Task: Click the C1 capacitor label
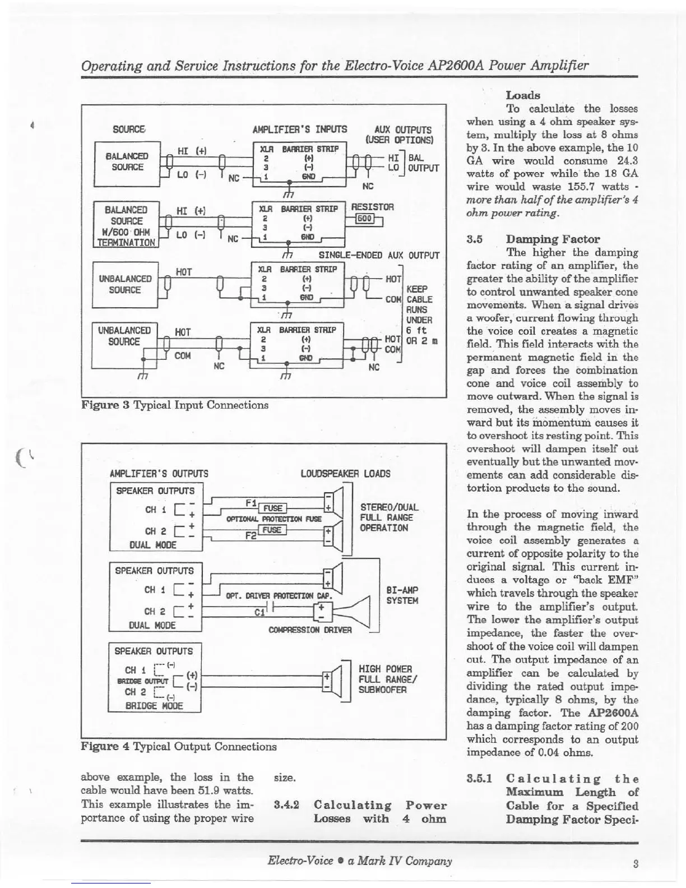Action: tap(259, 612)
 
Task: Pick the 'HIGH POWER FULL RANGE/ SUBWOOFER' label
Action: tap(386, 679)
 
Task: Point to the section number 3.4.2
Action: tap(286, 806)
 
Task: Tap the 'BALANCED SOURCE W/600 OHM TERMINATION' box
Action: tap(126, 226)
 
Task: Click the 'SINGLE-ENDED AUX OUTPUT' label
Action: tap(378, 255)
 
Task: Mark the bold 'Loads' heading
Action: tap(522, 95)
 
